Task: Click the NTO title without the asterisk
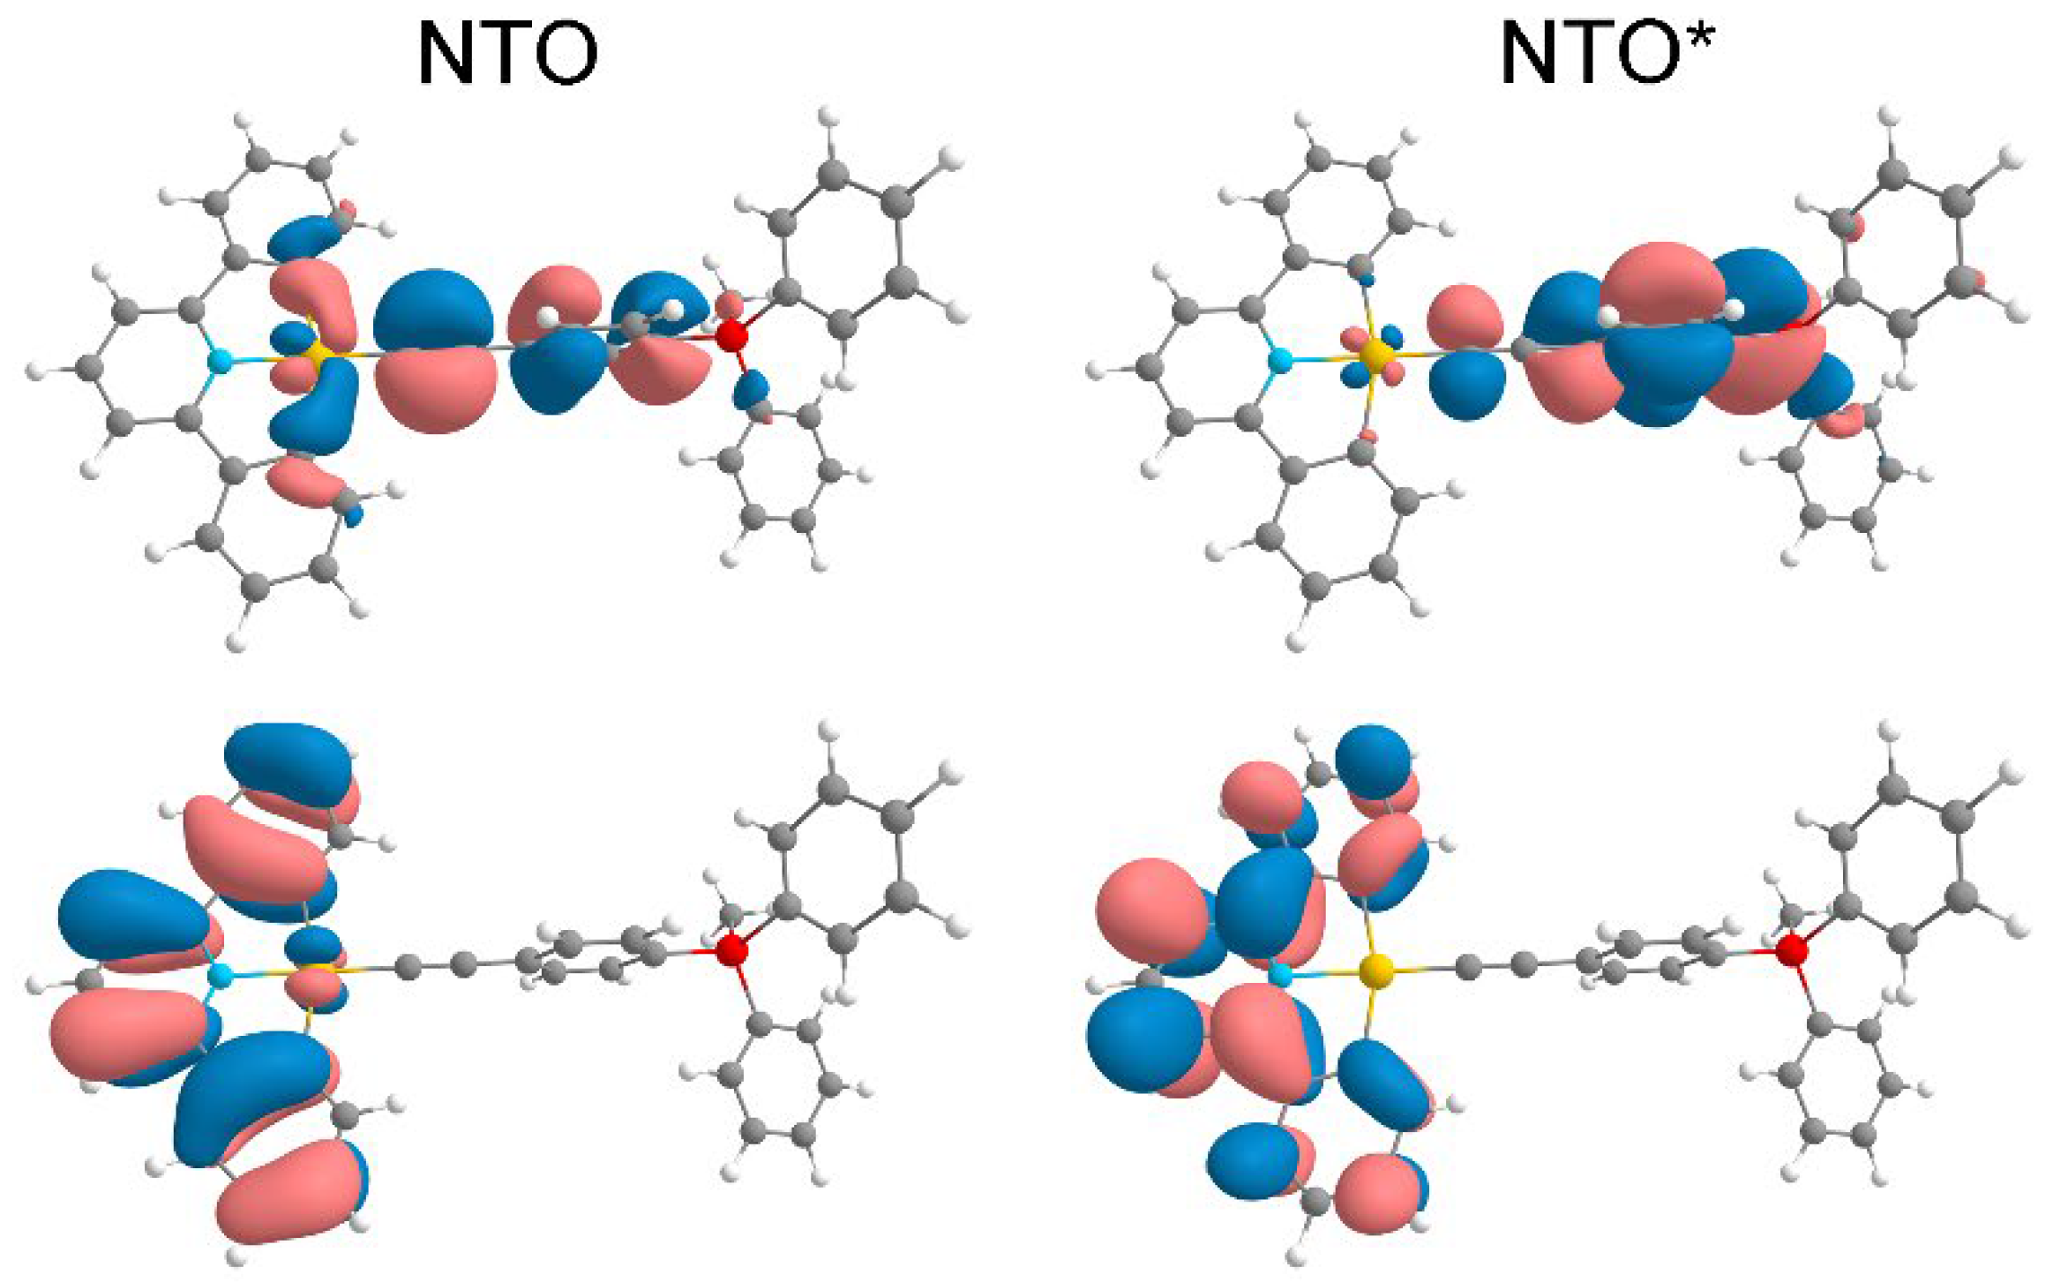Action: click(x=507, y=55)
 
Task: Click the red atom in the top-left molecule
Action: click(x=731, y=336)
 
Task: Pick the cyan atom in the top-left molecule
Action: click(x=217, y=360)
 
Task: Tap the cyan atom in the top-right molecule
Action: click(x=1278, y=360)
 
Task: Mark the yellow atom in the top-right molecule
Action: click(x=1374, y=355)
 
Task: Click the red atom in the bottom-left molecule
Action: click(x=731, y=951)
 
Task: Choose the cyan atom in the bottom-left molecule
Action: click(x=219, y=975)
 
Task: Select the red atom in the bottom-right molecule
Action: click(x=1791, y=951)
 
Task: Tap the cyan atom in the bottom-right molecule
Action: click(x=1278, y=975)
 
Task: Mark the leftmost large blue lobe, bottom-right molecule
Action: click(x=1143, y=1037)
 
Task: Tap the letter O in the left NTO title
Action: click(x=563, y=55)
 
